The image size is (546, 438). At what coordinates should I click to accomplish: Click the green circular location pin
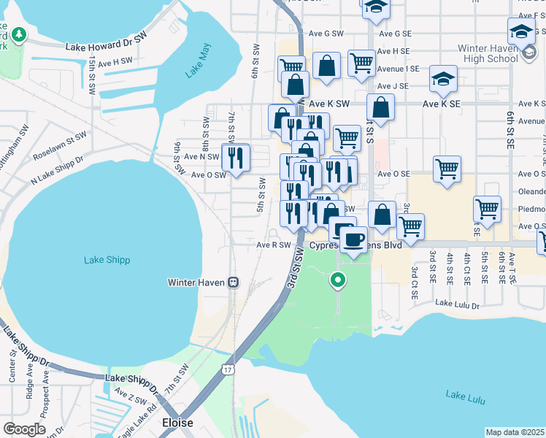337,279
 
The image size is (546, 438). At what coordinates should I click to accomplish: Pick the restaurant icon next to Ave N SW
236,157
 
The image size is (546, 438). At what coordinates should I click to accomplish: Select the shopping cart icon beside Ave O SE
446,169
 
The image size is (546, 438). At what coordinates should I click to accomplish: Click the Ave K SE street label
442,104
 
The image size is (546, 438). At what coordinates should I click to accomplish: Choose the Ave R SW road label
274,245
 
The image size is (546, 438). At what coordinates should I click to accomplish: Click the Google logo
24,429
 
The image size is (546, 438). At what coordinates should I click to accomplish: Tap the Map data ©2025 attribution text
515,432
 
